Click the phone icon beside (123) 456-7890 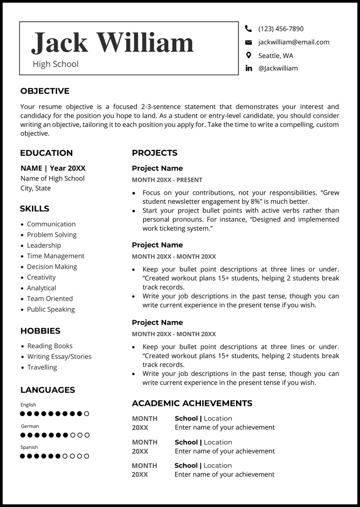[x=248, y=29]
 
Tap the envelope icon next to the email [x=248, y=42]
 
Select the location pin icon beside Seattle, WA [x=248, y=55]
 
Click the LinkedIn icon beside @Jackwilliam [x=248, y=68]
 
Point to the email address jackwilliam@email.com [x=293, y=42]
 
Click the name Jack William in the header [x=112, y=43]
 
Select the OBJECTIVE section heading [x=45, y=91]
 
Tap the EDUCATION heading [x=46, y=153]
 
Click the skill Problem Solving [x=51, y=235]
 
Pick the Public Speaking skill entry [x=51, y=309]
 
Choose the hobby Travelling [x=42, y=367]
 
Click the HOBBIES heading [x=40, y=331]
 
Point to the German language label [x=30, y=426]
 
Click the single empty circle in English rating [x=86, y=414]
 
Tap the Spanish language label [x=29, y=447]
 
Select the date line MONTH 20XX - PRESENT [x=167, y=180]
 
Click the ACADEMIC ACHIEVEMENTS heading [x=192, y=403]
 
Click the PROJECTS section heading [x=154, y=153]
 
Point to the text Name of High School [x=52, y=178]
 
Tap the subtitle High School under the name [x=55, y=64]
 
